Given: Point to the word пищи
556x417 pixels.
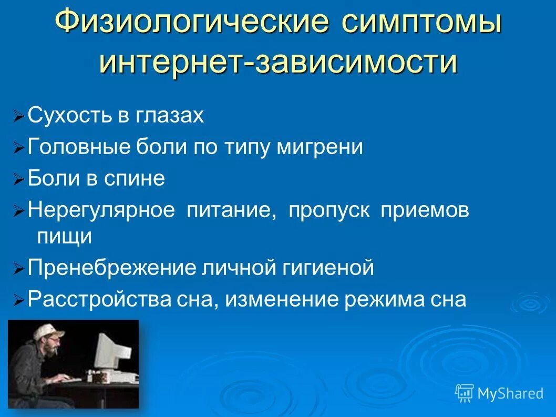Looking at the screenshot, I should click(x=65, y=237).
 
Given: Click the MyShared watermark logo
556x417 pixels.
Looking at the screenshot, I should click(x=499, y=392).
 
